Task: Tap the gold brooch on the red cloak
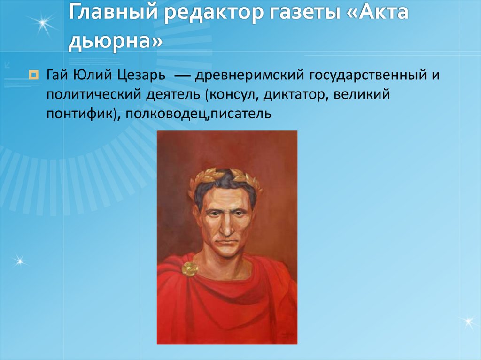click(190, 269)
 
